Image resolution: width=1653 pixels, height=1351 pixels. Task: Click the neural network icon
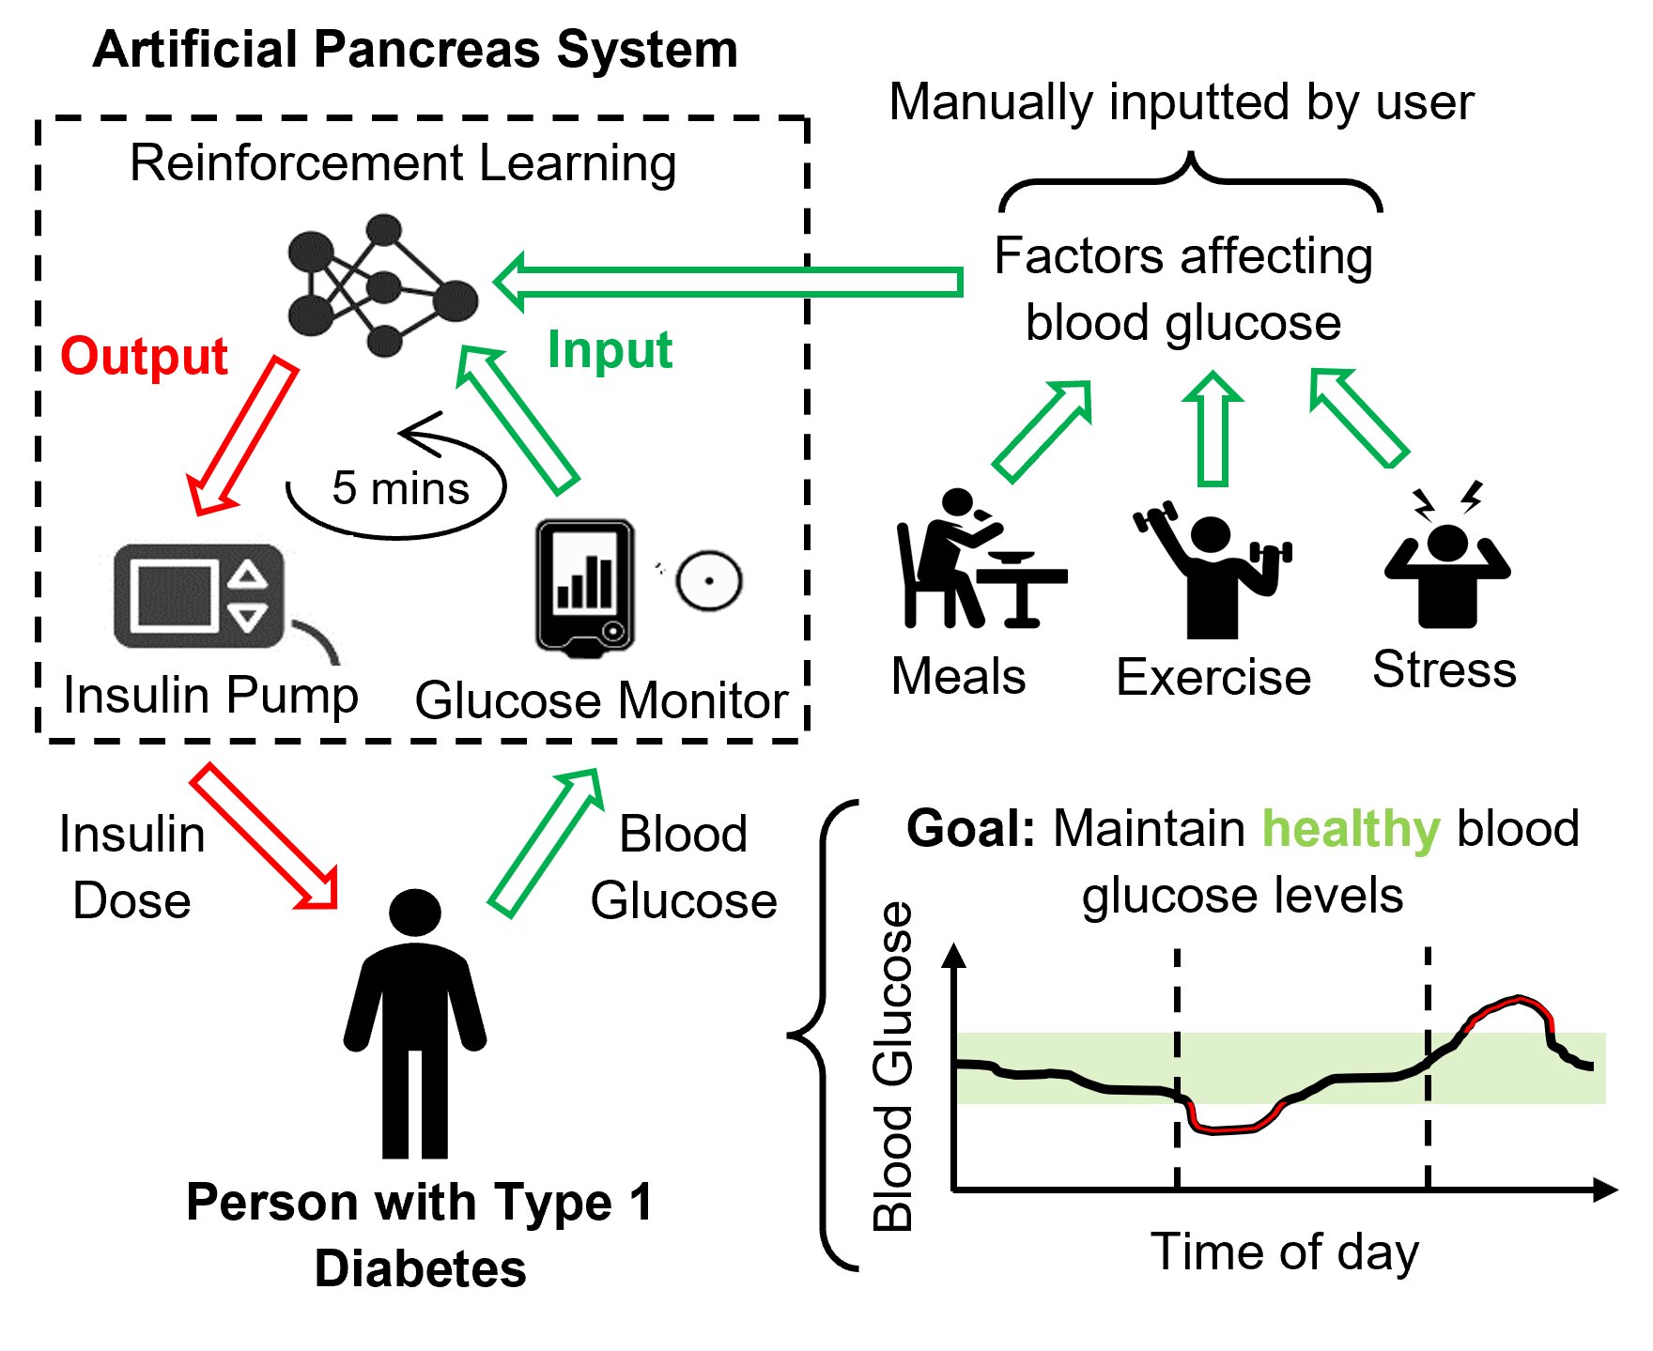[382, 285]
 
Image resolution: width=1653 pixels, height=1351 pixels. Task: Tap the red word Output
[144, 357]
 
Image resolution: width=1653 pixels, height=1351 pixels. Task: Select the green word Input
[610, 350]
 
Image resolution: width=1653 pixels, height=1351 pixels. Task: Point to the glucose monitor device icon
[585, 588]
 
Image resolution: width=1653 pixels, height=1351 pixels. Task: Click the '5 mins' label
[401, 488]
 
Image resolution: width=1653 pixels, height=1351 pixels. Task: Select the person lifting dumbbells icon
[1213, 569]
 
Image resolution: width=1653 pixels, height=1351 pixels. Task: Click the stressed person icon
[1447, 556]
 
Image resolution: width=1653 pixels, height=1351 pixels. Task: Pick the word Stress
[1444, 669]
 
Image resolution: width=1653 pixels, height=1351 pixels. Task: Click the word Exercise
[1213, 677]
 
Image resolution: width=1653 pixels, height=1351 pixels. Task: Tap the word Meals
[959, 676]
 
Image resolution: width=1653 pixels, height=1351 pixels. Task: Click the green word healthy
[1351, 829]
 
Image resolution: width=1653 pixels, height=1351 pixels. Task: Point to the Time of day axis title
[1285, 1252]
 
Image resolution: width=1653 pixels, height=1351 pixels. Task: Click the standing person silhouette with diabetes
[415, 1023]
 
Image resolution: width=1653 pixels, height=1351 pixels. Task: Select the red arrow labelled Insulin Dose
[266, 837]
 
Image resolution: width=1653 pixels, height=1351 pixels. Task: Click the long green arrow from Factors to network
[728, 281]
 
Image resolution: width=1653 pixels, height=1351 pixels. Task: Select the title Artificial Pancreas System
[415, 49]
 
